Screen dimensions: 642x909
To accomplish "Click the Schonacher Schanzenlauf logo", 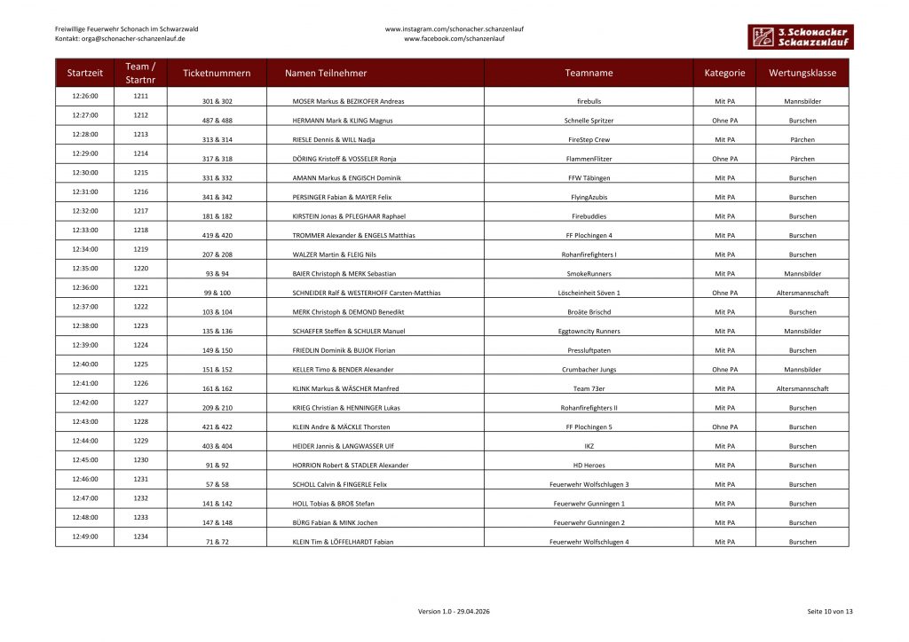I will (x=798, y=36).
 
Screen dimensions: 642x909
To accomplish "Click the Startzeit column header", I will (x=84, y=73).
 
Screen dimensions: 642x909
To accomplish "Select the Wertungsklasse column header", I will (x=802, y=73).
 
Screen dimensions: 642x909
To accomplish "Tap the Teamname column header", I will (x=589, y=73).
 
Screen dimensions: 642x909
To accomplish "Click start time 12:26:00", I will (x=84, y=96).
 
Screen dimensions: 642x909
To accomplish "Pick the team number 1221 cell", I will (x=140, y=287).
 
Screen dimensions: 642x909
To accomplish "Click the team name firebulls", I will (x=589, y=101).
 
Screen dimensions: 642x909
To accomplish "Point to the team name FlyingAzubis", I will (x=589, y=197).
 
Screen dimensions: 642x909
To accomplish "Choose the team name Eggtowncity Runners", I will (x=589, y=331).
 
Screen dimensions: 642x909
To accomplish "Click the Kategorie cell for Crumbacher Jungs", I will (x=724, y=369).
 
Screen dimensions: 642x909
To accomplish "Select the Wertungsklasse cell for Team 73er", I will (x=802, y=388).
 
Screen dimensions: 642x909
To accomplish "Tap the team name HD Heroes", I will (x=589, y=465).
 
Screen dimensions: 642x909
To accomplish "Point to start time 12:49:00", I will (x=84, y=536).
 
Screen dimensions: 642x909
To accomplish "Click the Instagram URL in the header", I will (x=454, y=28).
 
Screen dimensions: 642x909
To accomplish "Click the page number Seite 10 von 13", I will (x=830, y=612).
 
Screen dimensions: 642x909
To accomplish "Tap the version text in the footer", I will (x=454, y=612).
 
